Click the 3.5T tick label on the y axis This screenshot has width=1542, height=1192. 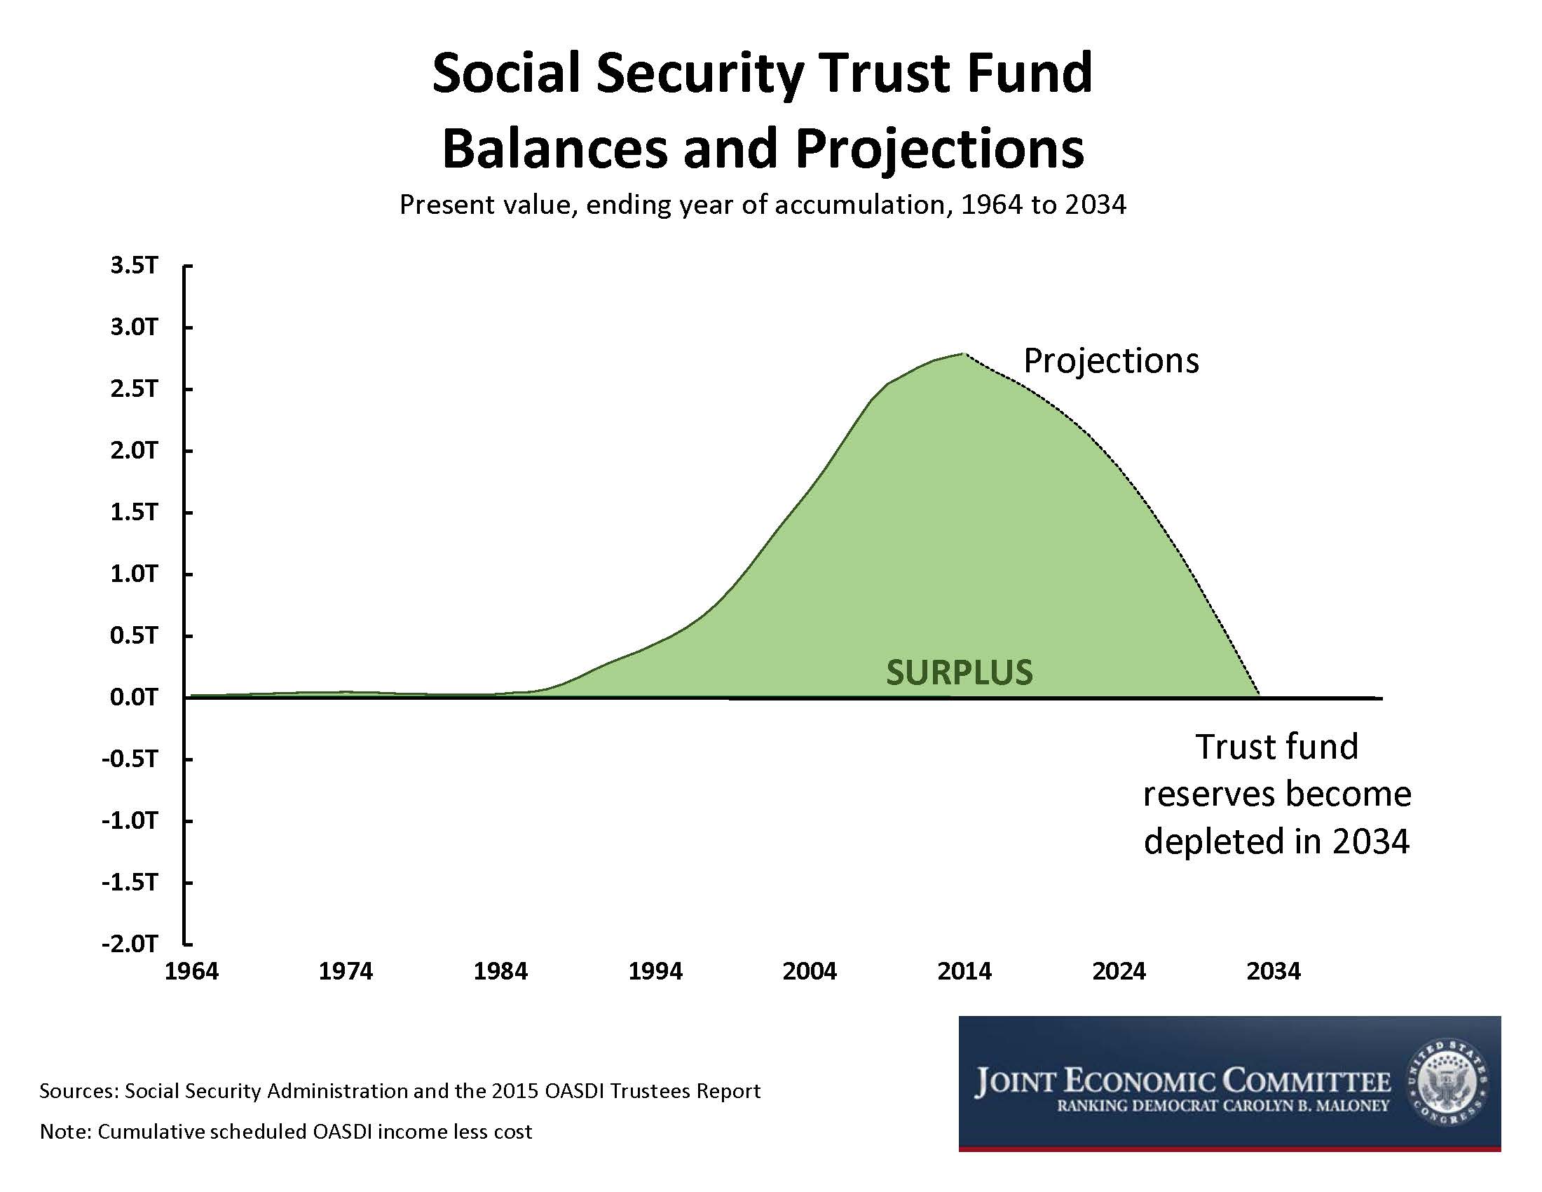point(134,266)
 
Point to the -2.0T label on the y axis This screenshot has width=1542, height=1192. point(130,943)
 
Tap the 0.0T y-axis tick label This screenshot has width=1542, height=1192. point(134,697)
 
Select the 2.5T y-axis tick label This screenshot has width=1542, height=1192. point(134,388)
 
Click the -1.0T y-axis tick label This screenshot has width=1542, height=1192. point(130,820)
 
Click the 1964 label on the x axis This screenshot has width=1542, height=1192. point(191,971)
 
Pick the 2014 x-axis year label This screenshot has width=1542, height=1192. point(964,971)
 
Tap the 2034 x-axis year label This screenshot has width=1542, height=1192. point(1274,971)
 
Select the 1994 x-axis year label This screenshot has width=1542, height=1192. point(655,971)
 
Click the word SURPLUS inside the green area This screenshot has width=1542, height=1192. point(960,672)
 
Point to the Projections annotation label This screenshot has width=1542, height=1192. point(1112,360)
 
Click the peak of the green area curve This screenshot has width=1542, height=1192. point(963,354)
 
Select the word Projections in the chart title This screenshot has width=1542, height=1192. point(940,148)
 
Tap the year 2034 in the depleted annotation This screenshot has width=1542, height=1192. point(1370,840)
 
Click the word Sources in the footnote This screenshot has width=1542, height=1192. point(77,1091)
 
